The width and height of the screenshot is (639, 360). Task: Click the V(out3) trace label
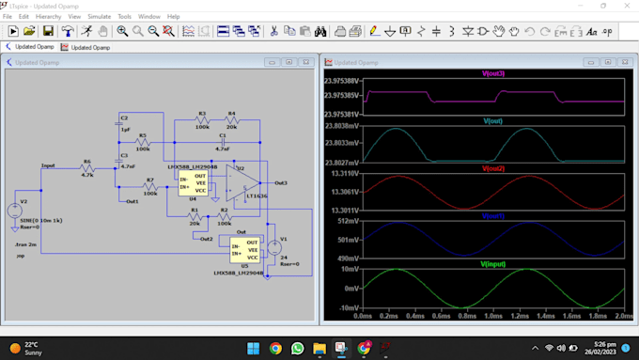click(x=493, y=73)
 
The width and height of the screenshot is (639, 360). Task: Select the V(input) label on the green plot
click(x=493, y=264)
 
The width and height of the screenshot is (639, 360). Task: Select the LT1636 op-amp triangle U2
click(x=246, y=183)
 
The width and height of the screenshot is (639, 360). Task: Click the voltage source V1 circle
click(x=273, y=247)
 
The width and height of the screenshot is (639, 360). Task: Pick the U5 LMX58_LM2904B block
click(x=241, y=249)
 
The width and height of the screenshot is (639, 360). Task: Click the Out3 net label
click(x=281, y=182)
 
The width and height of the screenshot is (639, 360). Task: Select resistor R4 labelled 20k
click(x=231, y=122)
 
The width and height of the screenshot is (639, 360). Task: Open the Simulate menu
click(x=99, y=17)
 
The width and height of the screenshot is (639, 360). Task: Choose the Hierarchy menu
click(x=48, y=17)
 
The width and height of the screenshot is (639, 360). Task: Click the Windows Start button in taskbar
click(x=253, y=348)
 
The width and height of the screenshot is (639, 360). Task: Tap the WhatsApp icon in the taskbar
click(x=297, y=348)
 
